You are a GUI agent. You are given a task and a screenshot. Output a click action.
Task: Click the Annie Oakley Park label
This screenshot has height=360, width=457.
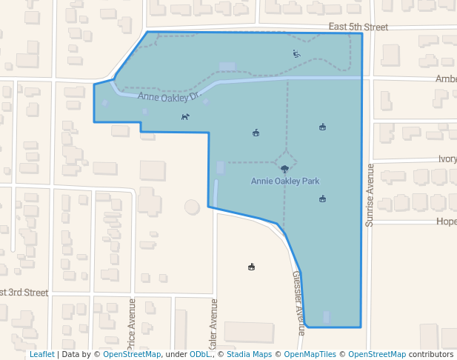pos(285,181)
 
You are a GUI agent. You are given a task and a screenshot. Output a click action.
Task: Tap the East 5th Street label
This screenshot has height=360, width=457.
pos(358,27)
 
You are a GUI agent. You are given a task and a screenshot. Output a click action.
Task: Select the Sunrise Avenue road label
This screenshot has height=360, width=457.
pos(370,195)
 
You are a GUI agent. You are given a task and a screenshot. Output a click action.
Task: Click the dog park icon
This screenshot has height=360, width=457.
pos(185,116)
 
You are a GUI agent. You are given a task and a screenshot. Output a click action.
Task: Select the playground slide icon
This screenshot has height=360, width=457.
pos(296,53)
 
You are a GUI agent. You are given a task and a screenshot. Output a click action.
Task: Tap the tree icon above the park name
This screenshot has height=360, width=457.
pos(284,168)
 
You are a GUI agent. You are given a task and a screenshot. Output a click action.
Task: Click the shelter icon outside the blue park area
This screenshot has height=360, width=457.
pos(252,267)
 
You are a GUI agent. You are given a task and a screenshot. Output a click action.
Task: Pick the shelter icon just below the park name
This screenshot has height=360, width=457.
pos(322,199)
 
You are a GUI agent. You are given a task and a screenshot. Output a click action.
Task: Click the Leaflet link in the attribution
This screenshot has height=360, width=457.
pos(42,355)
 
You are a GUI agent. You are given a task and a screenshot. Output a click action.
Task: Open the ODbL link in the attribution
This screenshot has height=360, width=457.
pos(199,355)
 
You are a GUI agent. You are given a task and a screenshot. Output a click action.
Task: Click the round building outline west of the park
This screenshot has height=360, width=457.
pos(192,207)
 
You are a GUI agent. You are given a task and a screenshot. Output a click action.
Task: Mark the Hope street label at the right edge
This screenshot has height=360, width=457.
pos(447,221)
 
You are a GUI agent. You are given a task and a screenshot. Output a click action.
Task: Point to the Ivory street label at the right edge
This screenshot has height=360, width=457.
pos(447,159)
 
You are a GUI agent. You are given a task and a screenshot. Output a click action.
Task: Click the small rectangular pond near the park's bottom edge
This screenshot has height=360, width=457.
pos(327,316)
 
